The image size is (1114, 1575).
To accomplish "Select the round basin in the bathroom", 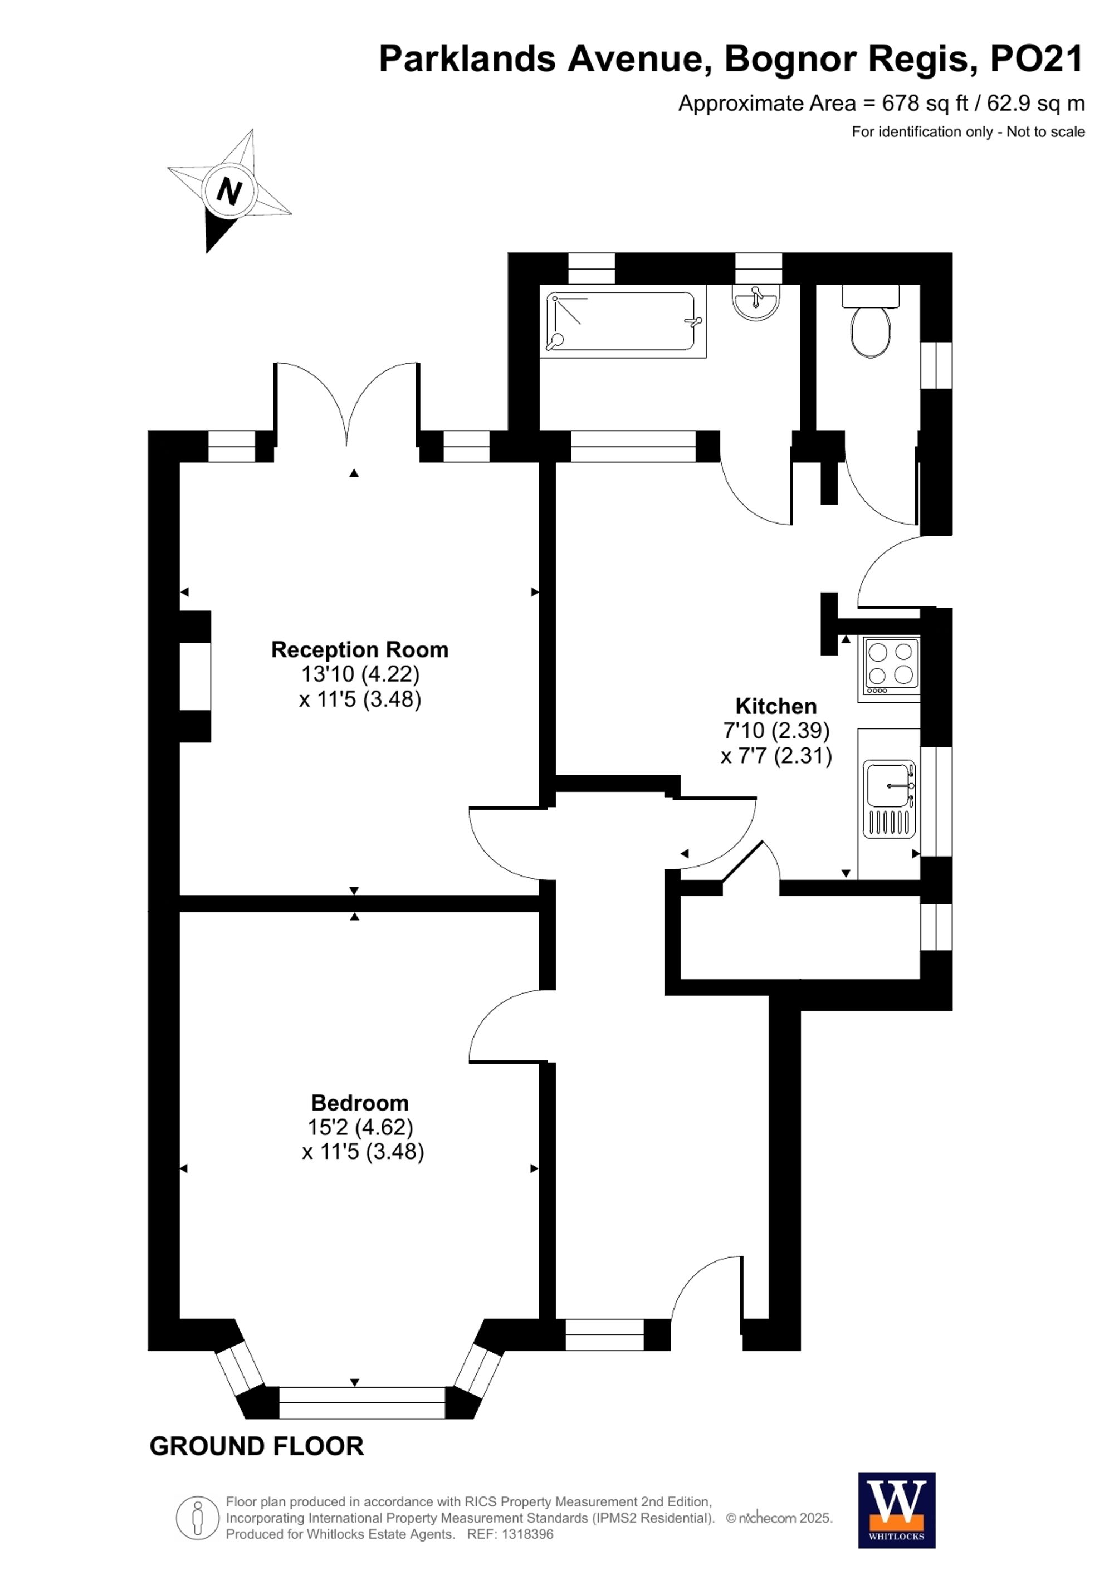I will click(x=756, y=302).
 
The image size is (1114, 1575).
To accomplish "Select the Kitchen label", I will click(x=775, y=705).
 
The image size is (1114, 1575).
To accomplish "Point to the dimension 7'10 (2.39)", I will click(x=776, y=730).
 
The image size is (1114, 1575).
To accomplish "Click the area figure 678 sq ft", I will click(x=924, y=104).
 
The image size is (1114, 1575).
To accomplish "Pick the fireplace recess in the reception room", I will click(x=195, y=676).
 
